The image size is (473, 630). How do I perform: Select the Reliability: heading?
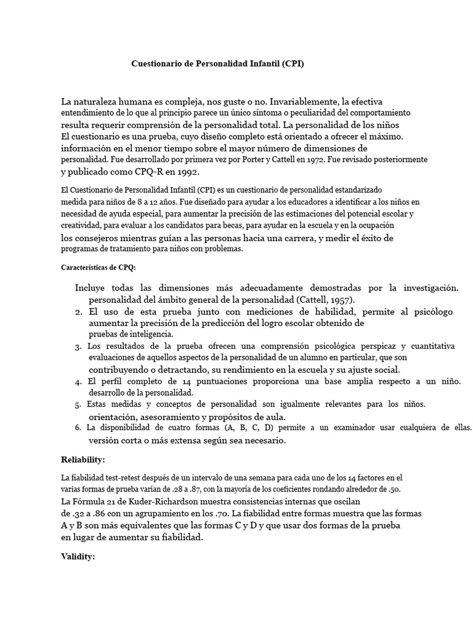83,460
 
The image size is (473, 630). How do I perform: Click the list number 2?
79,313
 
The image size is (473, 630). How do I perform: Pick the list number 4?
79,382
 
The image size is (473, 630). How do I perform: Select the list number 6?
78,428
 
